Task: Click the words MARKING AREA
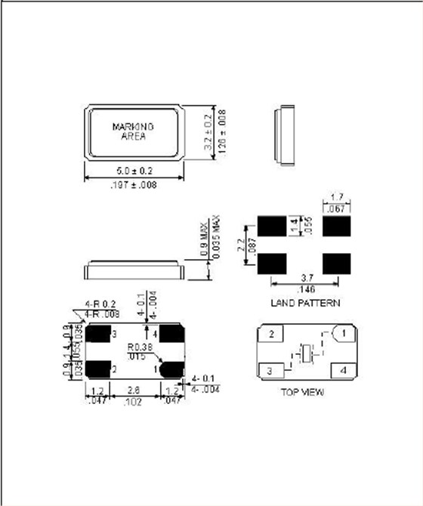(x=134, y=131)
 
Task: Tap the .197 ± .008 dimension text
(x=133, y=185)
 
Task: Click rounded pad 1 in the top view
(x=342, y=333)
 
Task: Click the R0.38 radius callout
(x=139, y=348)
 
